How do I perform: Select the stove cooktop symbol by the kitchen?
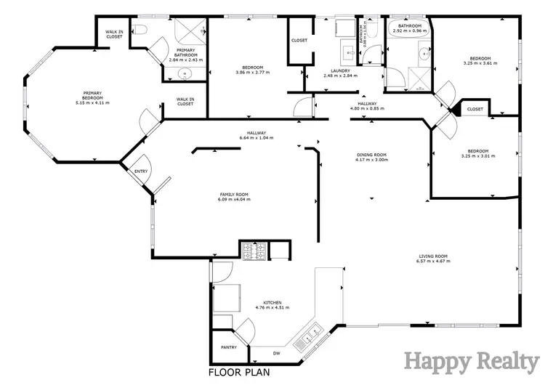click(x=254, y=251)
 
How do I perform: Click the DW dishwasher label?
click(x=276, y=354)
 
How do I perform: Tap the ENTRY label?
click(x=140, y=171)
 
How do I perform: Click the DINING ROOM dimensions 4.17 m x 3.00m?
click(x=371, y=159)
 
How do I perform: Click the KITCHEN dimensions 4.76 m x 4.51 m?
click(x=272, y=307)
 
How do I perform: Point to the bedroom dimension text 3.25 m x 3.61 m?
click(x=480, y=63)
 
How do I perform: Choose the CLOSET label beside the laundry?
click(x=299, y=40)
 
